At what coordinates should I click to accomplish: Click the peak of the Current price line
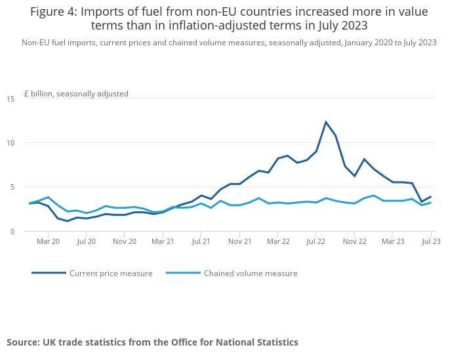[x=326, y=122]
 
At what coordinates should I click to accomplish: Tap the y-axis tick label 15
[x=10, y=99]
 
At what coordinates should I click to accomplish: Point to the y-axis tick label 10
[x=10, y=143]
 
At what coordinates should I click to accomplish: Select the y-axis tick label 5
[x=12, y=187]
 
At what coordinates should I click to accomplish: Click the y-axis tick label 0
[x=12, y=231]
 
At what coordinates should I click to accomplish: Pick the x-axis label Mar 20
[x=48, y=241]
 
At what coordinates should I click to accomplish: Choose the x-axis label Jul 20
[x=86, y=241]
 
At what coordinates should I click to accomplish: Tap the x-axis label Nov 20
[x=125, y=241]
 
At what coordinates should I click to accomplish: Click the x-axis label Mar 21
[x=163, y=241]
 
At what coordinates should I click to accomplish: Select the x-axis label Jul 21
[x=201, y=241]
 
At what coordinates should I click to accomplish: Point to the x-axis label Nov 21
[x=239, y=241]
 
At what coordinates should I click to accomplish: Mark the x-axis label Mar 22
[x=277, y=241]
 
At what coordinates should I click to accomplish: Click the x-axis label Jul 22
[x=315, y=241]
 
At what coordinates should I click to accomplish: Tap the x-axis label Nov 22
[x=354, y=241]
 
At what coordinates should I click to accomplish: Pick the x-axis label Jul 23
[x=430, y=241]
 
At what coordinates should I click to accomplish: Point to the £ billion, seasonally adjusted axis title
[x=76, y=94]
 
